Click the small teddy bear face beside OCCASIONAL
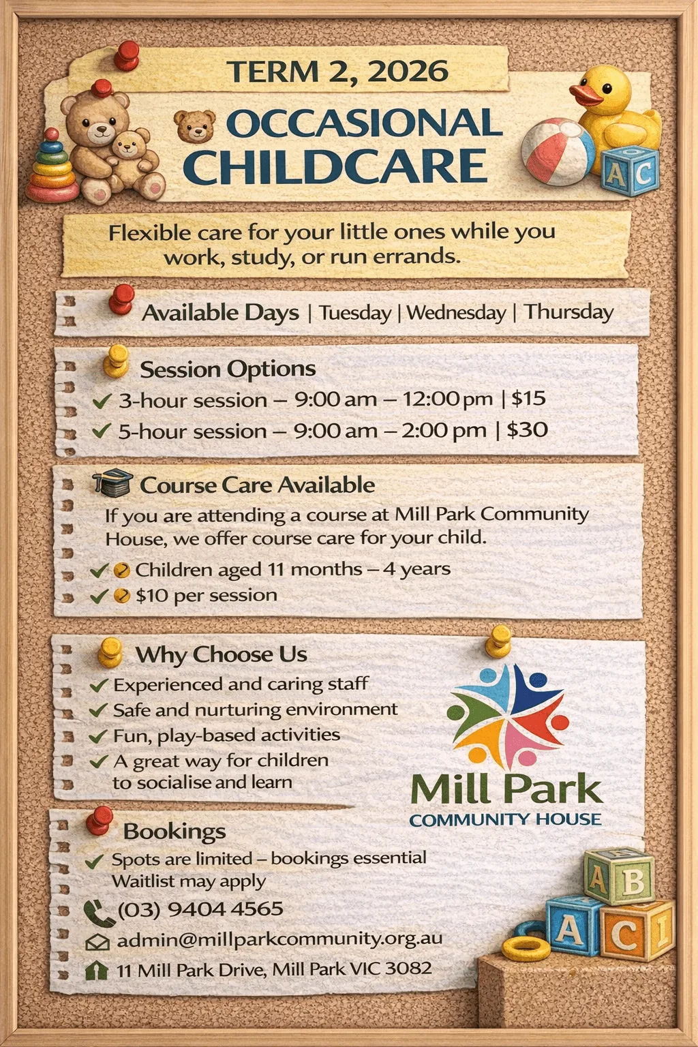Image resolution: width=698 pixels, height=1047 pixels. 194,125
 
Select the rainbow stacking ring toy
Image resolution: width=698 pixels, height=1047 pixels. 51,167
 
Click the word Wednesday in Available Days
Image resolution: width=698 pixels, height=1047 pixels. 456,313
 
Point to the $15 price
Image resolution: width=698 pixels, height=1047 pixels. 528,398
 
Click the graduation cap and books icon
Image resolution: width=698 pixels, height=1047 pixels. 112,483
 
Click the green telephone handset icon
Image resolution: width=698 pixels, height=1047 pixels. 99,913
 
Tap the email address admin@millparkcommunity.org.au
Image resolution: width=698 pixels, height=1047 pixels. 279,939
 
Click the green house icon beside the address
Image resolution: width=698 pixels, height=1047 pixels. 97,970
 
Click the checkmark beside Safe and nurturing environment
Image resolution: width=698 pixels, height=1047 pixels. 99,710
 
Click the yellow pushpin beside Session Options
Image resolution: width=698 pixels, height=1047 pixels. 117,361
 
